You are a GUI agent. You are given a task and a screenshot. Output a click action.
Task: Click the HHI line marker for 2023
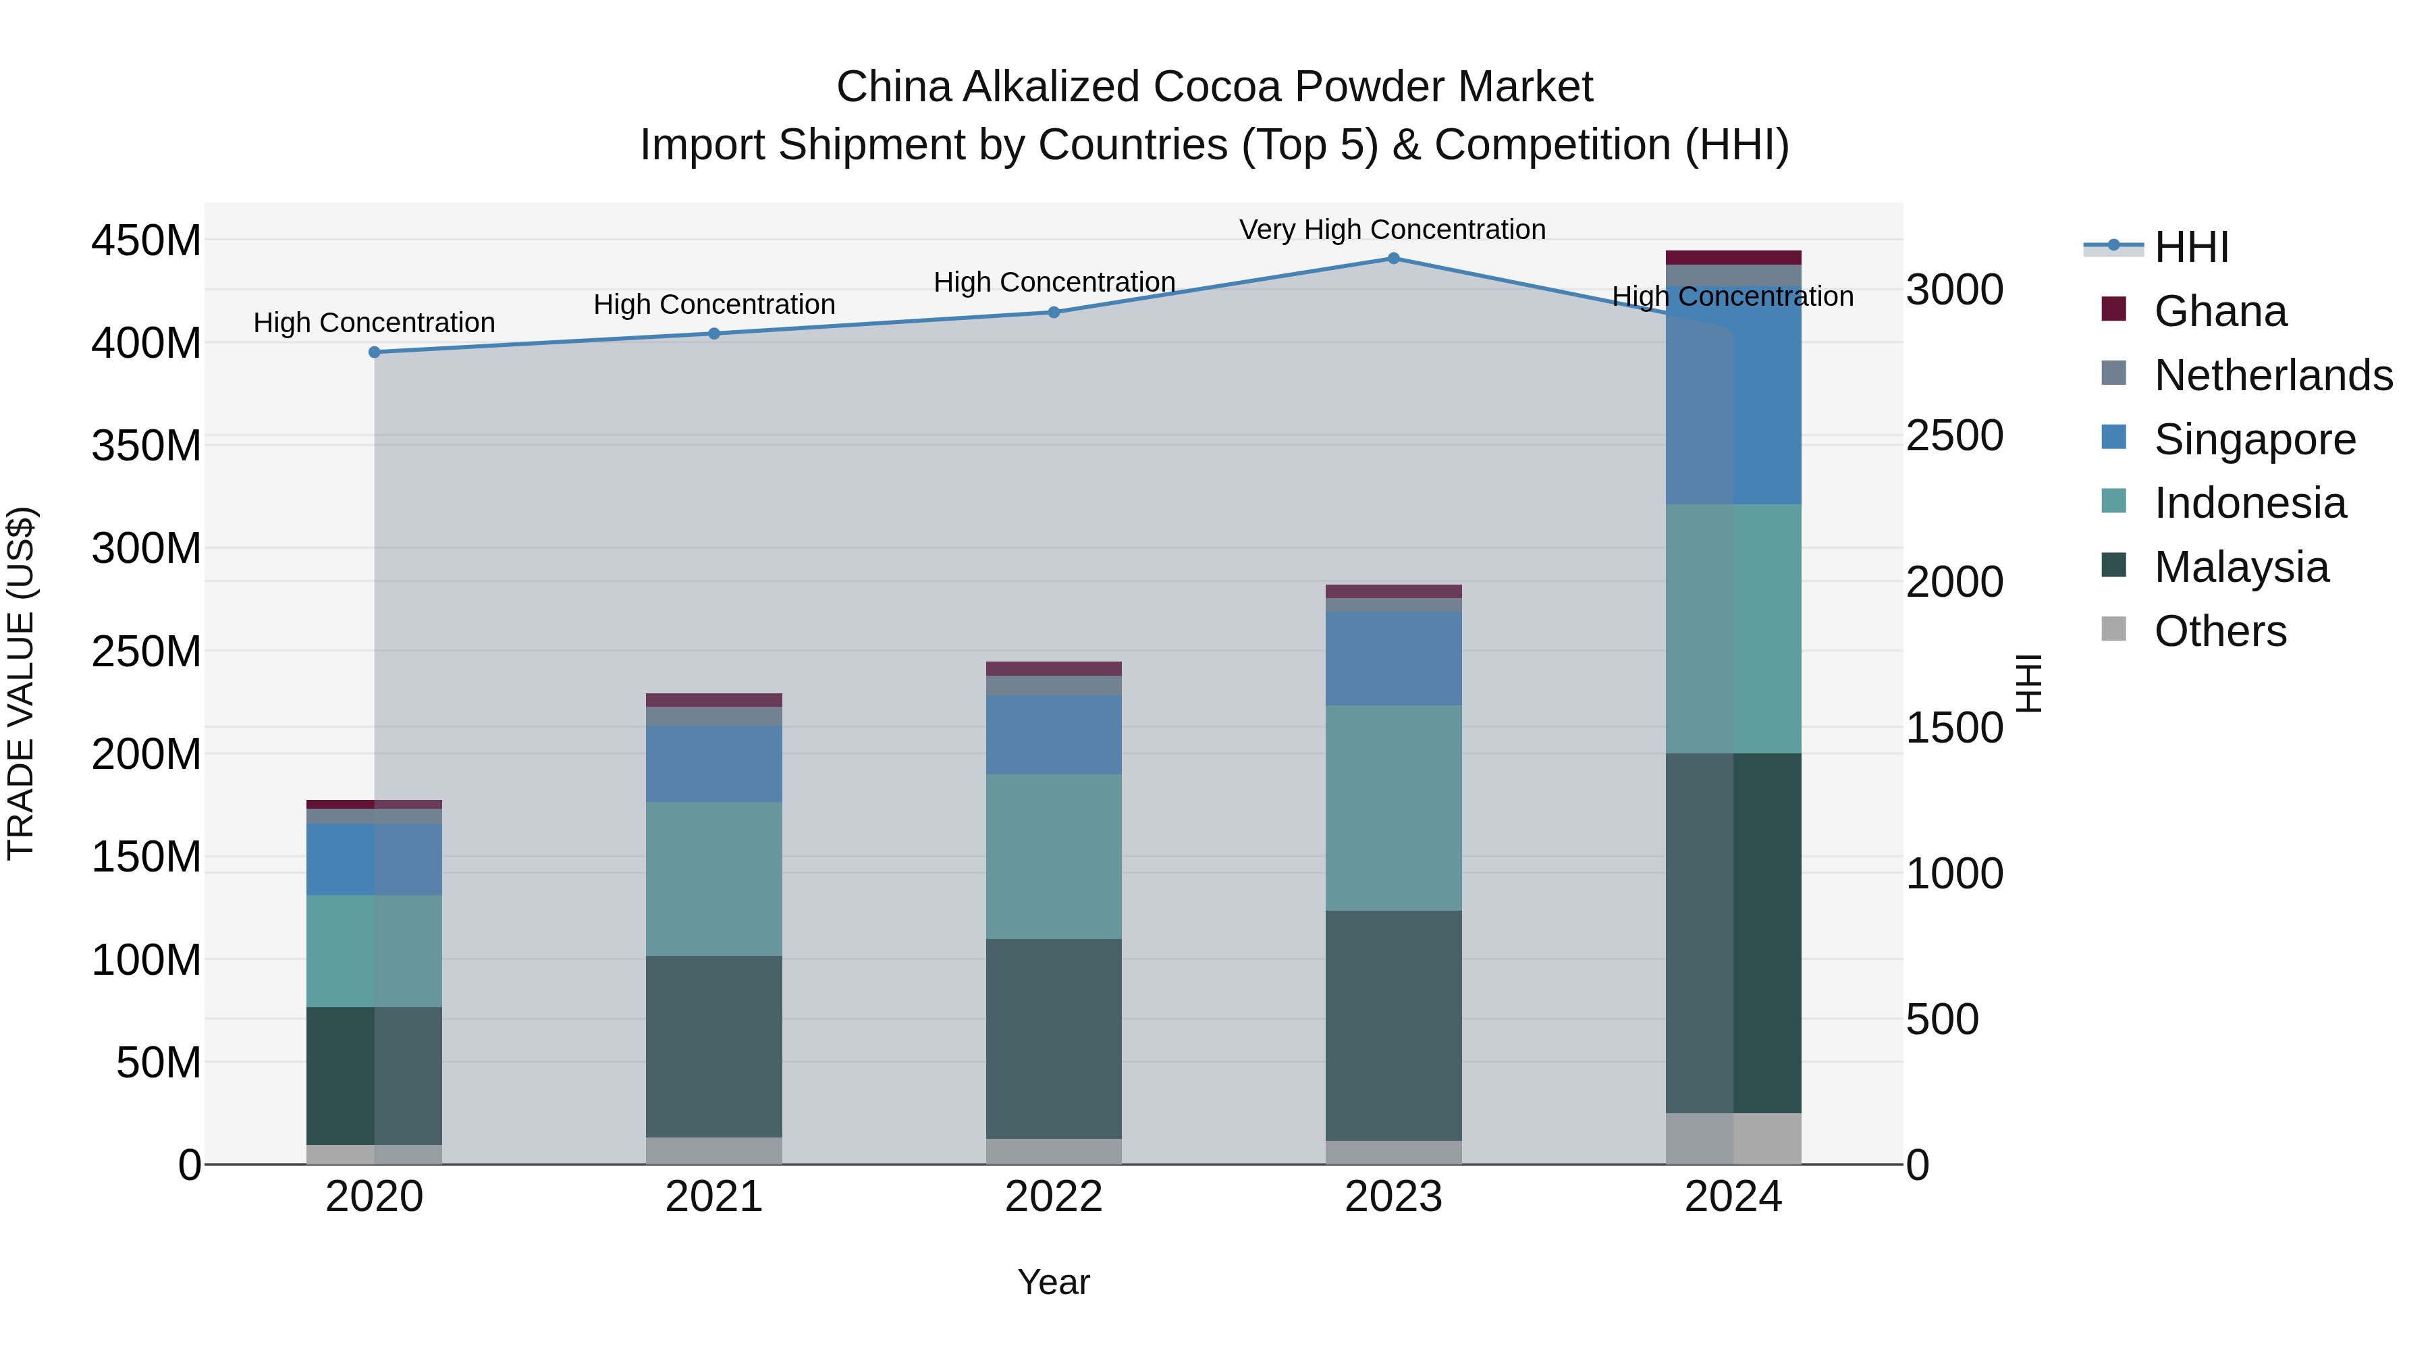tap(1393, 259)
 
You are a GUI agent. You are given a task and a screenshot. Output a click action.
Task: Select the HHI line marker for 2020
tap(375, 352)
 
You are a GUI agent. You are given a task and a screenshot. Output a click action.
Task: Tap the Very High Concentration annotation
tap(1393, 230)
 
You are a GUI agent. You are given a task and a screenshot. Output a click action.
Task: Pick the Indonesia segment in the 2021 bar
tap(714, 878)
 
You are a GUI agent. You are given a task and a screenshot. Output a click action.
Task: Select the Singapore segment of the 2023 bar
tap(1393, 658)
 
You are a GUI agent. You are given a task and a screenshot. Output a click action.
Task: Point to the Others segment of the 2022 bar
tap(1054, 1151)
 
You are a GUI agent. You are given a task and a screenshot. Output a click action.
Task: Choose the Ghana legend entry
tap(2219, 311)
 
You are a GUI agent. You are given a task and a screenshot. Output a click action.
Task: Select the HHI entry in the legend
tap(2190, 247)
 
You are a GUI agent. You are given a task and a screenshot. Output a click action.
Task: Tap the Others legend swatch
tap(2114, 629)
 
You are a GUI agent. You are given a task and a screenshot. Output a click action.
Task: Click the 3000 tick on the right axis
tap(1953, 290)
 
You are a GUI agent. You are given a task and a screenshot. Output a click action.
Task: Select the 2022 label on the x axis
tap(1054, 1197)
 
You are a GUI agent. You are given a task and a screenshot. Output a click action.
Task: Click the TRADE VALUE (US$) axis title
tap(22, 683)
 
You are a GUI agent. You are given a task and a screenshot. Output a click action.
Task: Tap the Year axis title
tap(1054, 1282)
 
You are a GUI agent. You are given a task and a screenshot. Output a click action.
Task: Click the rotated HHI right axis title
tap(2028, 683)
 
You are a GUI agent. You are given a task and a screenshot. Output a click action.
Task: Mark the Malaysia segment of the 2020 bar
tap(375, 1075)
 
